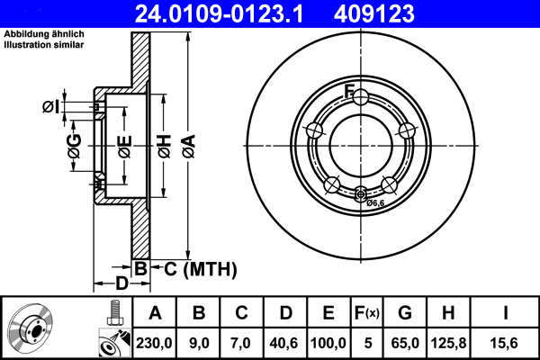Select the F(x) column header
tap(366, 313)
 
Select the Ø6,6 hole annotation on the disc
tap(375, 203)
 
